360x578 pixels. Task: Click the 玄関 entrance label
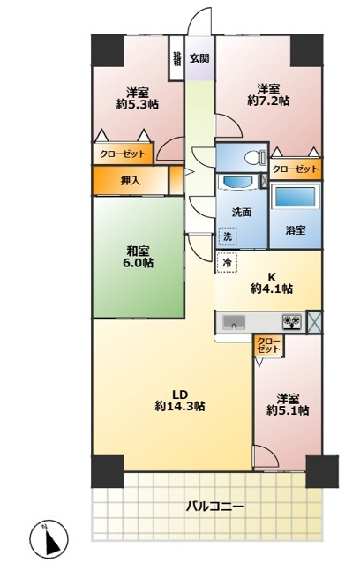[199, 58]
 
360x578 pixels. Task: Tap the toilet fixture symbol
[256, 158]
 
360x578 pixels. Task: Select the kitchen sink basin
[233, 321]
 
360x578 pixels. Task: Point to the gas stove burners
[292, 321]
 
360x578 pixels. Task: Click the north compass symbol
[49, 538]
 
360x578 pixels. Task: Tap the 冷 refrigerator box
[227, 262]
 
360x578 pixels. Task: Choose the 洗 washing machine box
[228, 236]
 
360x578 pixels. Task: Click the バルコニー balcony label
[214, 506]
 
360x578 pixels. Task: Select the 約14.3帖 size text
[180, 406]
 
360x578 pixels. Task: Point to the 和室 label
[139, 251]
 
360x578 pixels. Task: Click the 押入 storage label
[130, 181]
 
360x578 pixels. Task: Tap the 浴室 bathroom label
[296, 230]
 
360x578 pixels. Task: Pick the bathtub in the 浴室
[296, 197]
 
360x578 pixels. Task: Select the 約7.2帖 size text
[268, 101]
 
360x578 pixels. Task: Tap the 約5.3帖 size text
[138, 104]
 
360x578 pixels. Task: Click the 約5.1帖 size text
[288, 410]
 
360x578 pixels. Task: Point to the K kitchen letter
[272, 277]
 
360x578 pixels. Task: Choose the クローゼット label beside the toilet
[296, 169]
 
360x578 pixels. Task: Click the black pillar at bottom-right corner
[322, 471]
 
